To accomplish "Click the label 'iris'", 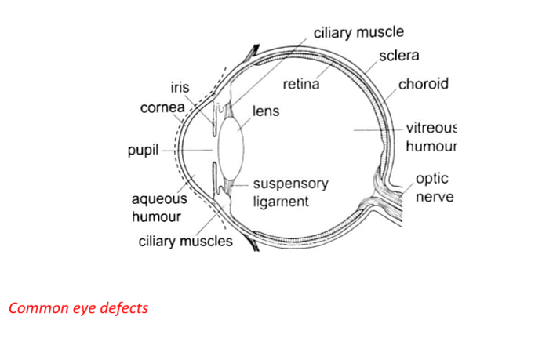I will (x=180, y=88).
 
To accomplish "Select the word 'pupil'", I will (x=144, y=150).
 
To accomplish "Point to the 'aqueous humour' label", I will (x=157, y=209).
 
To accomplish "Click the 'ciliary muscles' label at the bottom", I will (x=186, y=241).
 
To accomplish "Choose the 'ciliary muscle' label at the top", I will (x=358, y=33).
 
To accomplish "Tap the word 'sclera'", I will (x=398, y=56).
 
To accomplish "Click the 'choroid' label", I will (x=424, y=84).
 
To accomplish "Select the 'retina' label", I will (x=300, y=85).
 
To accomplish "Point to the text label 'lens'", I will (x=266, y=111).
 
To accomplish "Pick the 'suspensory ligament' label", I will (x=290, y=192).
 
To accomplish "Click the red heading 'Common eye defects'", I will (x=78, y=307).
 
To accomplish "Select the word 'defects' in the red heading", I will (x=124, y=307).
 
